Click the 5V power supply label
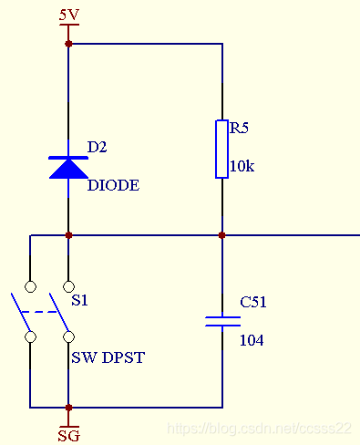point(69,15)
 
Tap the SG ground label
point(69,436)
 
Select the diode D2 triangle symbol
point(68,168)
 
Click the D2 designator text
point(97,147)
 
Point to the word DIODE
point(113,185)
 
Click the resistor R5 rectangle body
point(222,149)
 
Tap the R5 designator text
point(239,128)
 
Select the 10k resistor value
point(242,166)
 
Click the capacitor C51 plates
point(222,321)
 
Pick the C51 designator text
point(253,302)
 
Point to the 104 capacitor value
point(252,340)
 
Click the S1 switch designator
point(79,300)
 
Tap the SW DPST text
point(108,357)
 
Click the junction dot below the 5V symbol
point(68,44)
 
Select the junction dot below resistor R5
point(222,235)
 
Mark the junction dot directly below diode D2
point(68,235)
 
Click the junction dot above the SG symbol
point(68,408)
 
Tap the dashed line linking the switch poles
point(39,312)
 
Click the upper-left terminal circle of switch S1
point(30,286)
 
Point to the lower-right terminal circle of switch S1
point(68,336)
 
